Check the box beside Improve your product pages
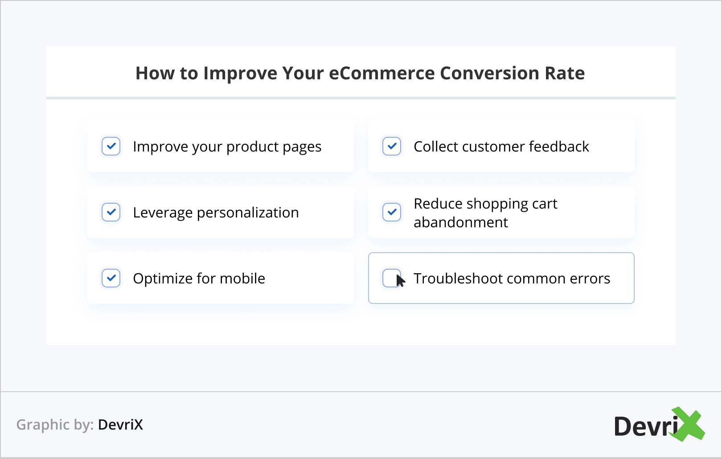(111, 146)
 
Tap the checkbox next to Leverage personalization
(111, 212)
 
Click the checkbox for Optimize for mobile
(111, 278)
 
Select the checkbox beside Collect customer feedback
(392, 146)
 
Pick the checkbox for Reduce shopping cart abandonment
(392, 212)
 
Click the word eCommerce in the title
(382, 73)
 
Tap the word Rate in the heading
(564, 73)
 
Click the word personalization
(248, 213)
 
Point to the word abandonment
(460, 222)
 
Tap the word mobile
(242, 278)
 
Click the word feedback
(559, 146)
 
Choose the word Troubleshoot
(458, 278)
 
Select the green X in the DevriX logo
(687, 424)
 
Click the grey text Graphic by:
(55, 425)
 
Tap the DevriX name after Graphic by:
(120, 425)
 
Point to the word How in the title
(155, 73)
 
